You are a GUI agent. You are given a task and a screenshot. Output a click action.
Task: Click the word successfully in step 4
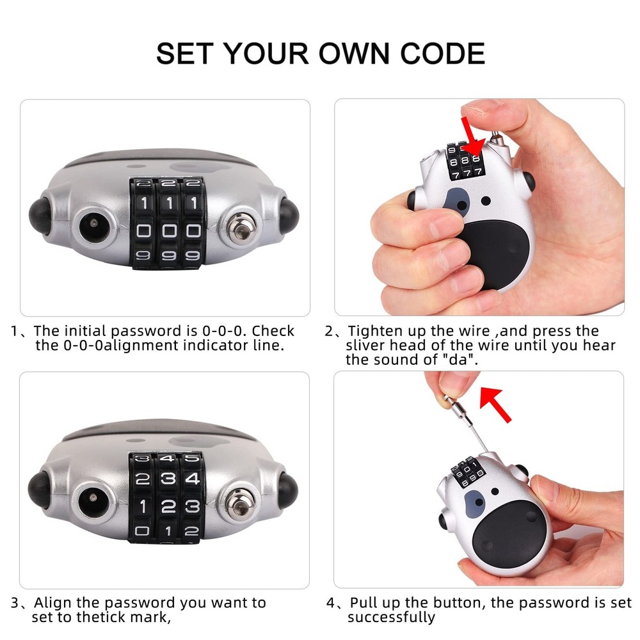(391, 618)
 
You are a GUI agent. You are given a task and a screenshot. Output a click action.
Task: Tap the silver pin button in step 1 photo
(241, 228)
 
